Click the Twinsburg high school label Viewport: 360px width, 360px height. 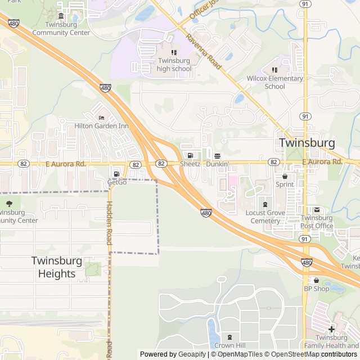(x=174, y=65)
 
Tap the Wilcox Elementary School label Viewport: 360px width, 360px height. (x=274, y=82)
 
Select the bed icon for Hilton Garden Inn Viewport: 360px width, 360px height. (x=101, y=118)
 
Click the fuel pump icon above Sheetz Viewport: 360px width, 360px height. (x=190, y=155)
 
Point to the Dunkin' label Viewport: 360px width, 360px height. (x=217, y=164)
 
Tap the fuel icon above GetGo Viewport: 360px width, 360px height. (x=116, y=173)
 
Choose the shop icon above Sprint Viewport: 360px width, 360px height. (x=285, y=176)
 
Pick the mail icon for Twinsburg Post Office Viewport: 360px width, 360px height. (x=316, y=210)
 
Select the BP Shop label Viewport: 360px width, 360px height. (x=316, y=289)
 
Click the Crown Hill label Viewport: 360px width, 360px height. (x=228, y=345)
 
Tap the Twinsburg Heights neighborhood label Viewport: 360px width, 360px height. (x=56, y=267)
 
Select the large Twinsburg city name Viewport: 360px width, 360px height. (x=307, y=143)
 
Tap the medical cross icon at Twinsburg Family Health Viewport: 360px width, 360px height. (x=331, y=329)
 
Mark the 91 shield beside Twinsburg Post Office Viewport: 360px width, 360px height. (x=304, y=239)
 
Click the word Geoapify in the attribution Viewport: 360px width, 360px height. (x=192, y=354)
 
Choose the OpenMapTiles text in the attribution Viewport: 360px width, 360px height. (x=240, y=354)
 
